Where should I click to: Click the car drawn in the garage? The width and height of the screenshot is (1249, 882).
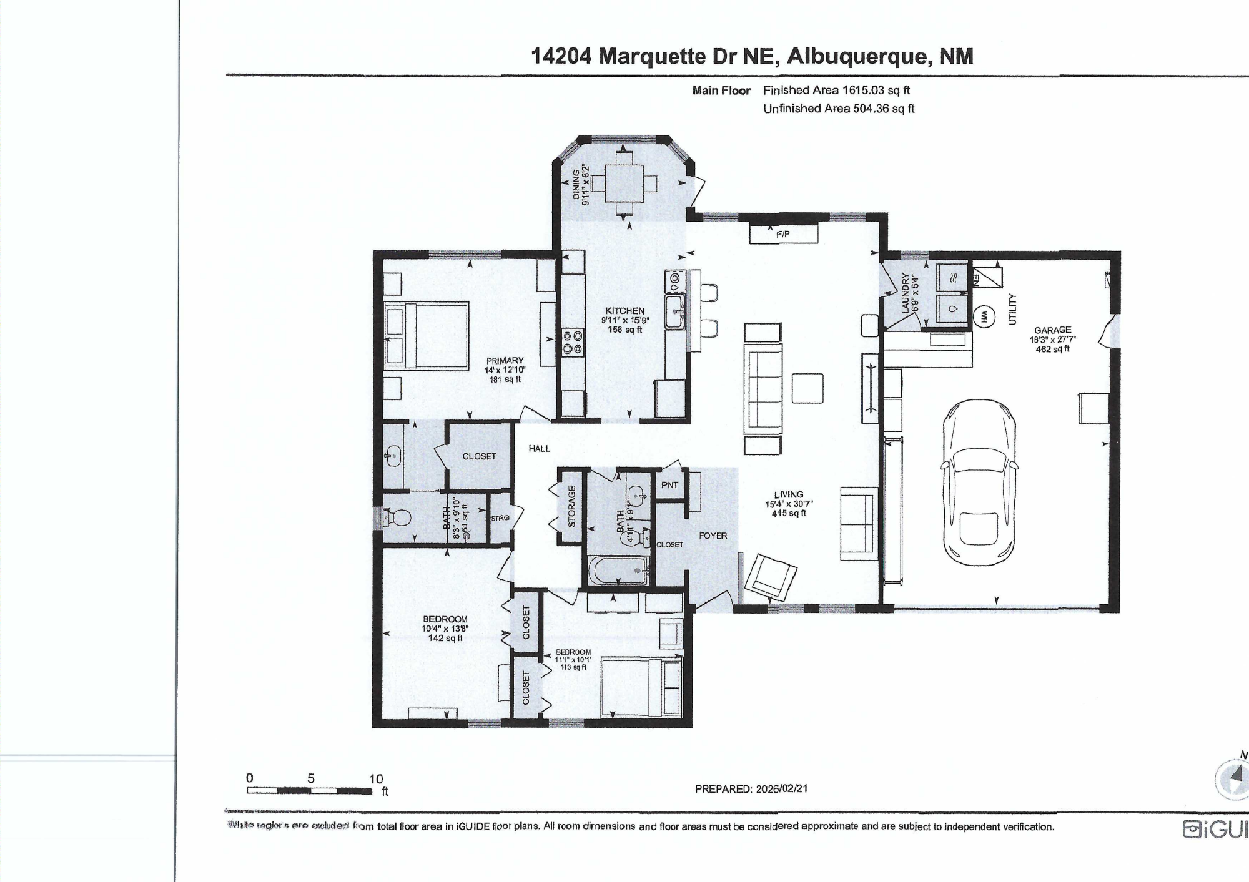point(979,482)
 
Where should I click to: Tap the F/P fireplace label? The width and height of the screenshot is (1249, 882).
point(782,234)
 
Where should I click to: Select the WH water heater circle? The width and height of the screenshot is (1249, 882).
point(984,317)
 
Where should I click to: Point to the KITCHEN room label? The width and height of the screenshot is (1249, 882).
point(624,311)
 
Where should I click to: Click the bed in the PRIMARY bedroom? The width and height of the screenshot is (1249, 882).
point(427,336)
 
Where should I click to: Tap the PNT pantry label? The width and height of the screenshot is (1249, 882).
point(669,485)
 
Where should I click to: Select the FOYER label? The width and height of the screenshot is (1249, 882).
point(713,536)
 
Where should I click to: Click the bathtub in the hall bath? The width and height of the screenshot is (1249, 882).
point(618,571)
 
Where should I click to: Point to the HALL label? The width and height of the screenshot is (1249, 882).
point(539,448)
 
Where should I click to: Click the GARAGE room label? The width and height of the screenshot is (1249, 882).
point(1052,330)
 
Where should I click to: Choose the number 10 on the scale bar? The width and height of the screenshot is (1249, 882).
point(375,778)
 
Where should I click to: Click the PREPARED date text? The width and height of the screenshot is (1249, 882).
point(751,788)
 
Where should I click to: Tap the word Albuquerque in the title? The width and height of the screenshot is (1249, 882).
point(859,56)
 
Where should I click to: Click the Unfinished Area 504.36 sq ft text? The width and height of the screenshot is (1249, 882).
point(838,109)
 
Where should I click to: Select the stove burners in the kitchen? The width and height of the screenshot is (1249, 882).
point(573,343)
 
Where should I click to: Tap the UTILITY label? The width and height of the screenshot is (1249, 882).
point(1012,309)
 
